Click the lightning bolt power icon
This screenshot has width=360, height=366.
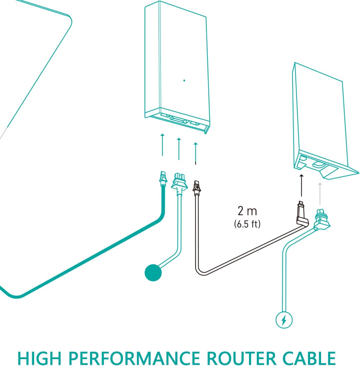(284, 320)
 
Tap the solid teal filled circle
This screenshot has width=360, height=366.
(153, 273)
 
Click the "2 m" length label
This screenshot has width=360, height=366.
(247, 211)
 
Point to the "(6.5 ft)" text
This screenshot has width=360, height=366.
(247, 224)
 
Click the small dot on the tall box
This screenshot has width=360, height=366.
(184, 80)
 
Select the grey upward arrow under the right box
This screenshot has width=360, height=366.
(320, 194)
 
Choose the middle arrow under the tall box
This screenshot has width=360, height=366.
(179, 149)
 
